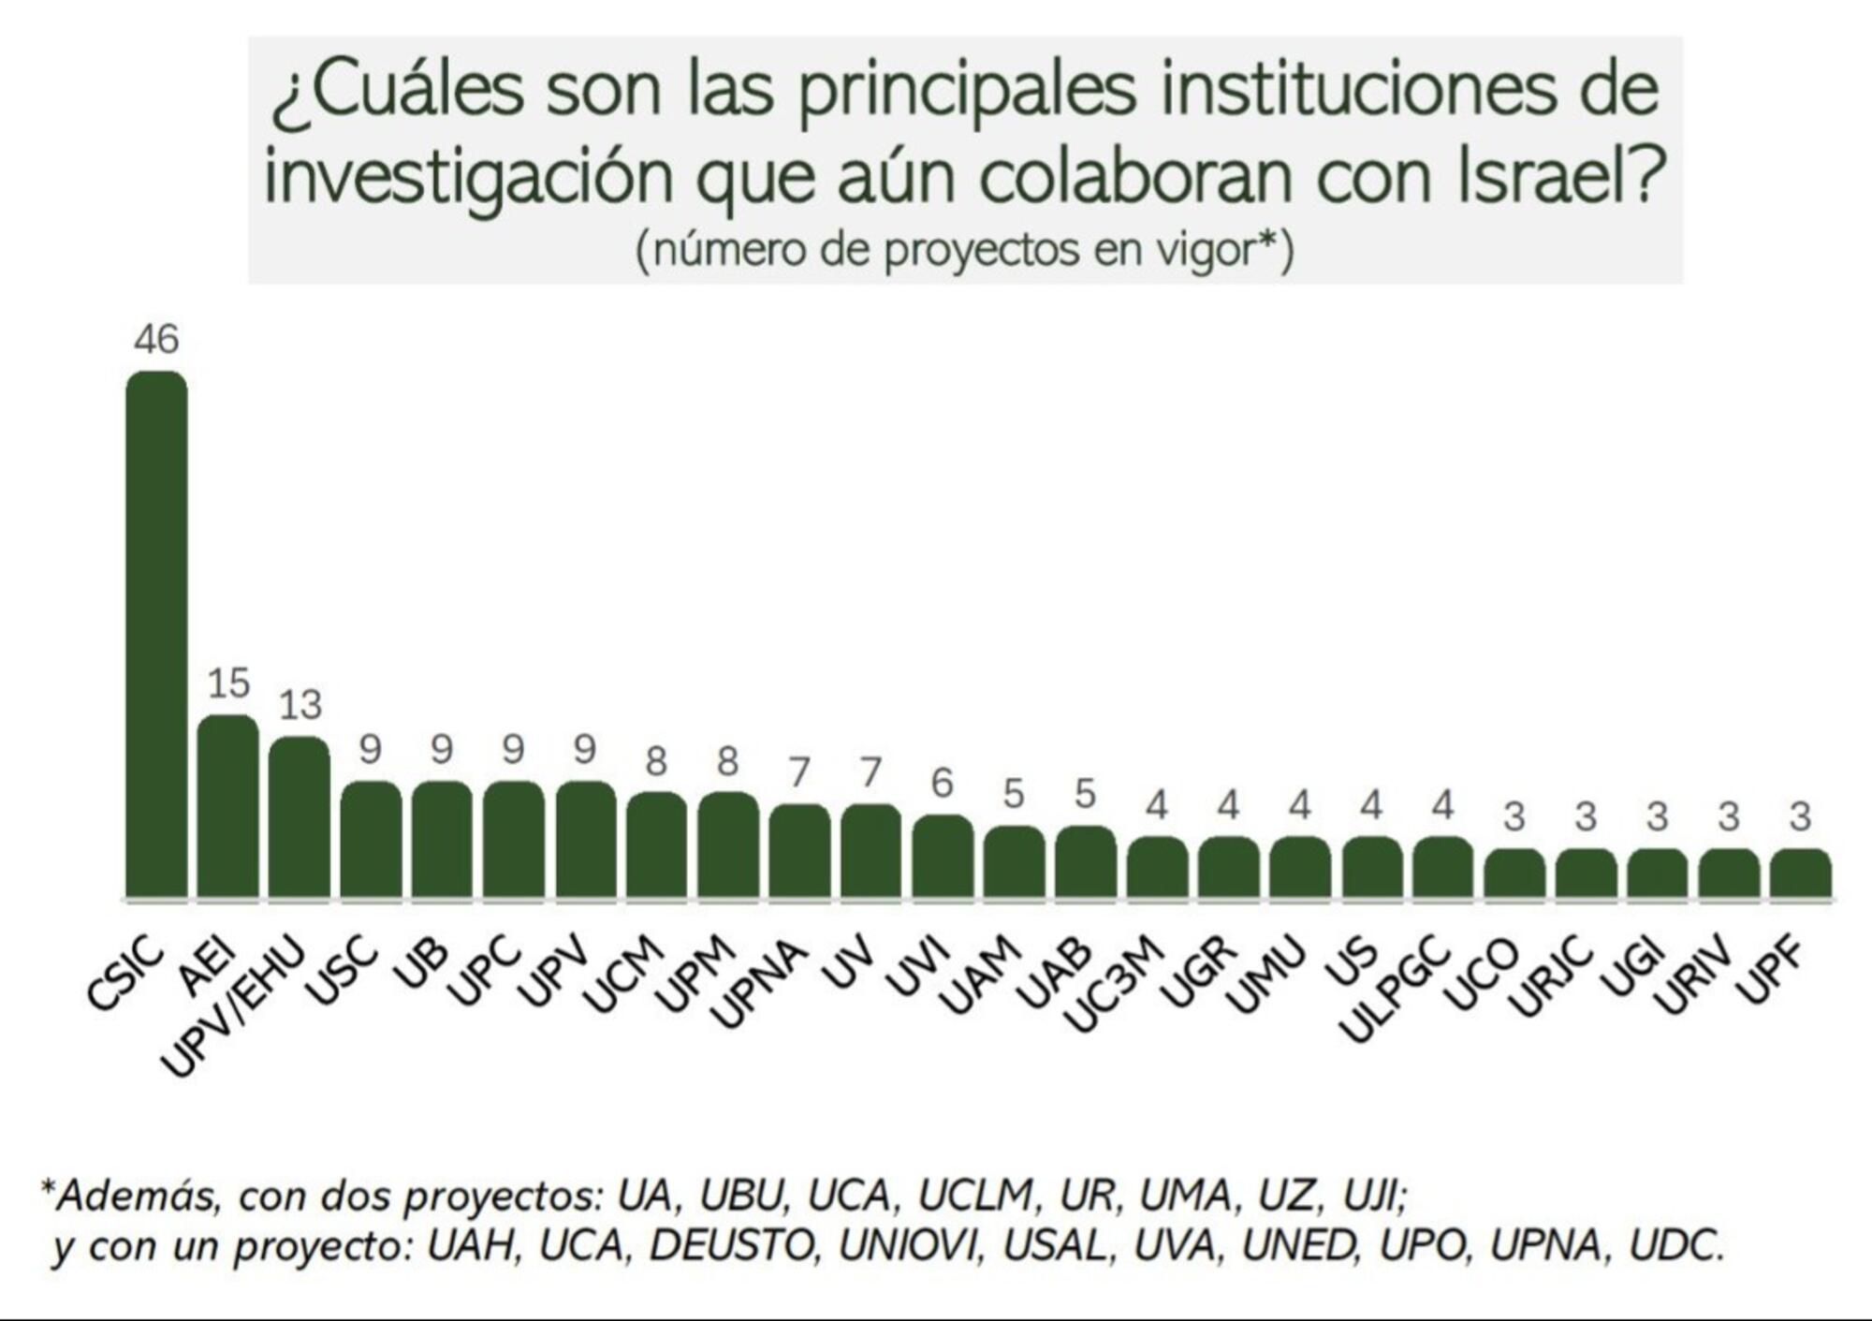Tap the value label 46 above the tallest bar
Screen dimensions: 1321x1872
156,339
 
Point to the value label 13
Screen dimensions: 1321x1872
300,705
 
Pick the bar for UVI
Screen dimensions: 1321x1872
943,857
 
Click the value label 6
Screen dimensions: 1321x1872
943,783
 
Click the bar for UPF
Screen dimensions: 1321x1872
1800,873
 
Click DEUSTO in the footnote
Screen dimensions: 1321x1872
731,1246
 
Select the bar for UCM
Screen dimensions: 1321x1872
656,845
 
